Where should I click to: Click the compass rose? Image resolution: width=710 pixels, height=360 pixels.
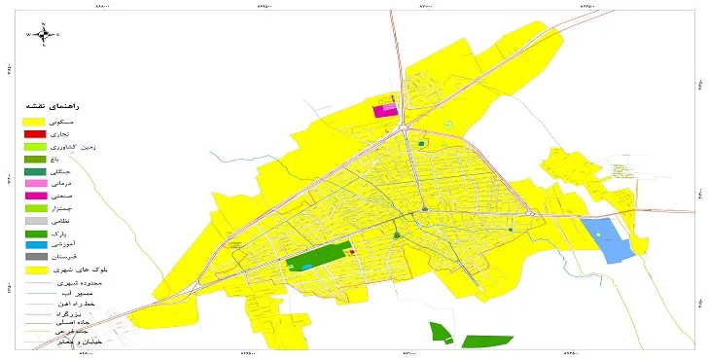(x=44, y=35)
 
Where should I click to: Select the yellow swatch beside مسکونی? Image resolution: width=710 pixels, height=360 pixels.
(x=35, y=121)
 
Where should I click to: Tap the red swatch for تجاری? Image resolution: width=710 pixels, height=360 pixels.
(x=35, y=133)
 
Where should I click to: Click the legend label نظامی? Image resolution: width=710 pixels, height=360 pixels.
(x=84, y=221)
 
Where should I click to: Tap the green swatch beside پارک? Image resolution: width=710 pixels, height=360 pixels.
(x=35, y=234)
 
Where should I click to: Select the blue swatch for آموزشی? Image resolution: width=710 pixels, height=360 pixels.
(x=35, y=245)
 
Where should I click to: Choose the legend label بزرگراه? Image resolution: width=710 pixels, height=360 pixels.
(x=90, y=314)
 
